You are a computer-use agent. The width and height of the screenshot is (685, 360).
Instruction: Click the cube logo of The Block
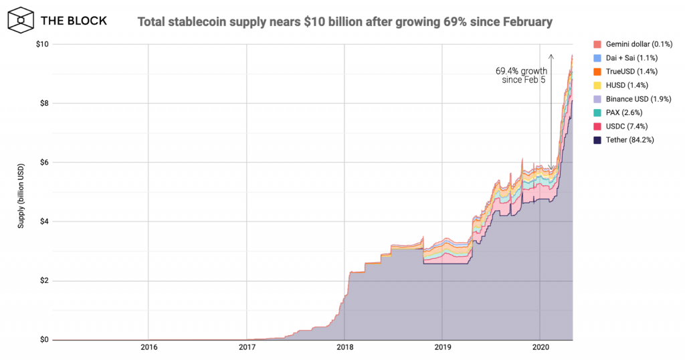point(21,21)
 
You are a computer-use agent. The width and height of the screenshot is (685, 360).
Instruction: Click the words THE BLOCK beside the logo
point(74,21)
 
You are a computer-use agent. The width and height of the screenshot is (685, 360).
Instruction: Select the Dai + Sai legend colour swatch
point(597,58)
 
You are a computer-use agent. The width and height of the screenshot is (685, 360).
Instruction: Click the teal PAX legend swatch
point(597,112)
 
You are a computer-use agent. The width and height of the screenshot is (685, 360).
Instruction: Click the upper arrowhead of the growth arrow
point(551,55)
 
